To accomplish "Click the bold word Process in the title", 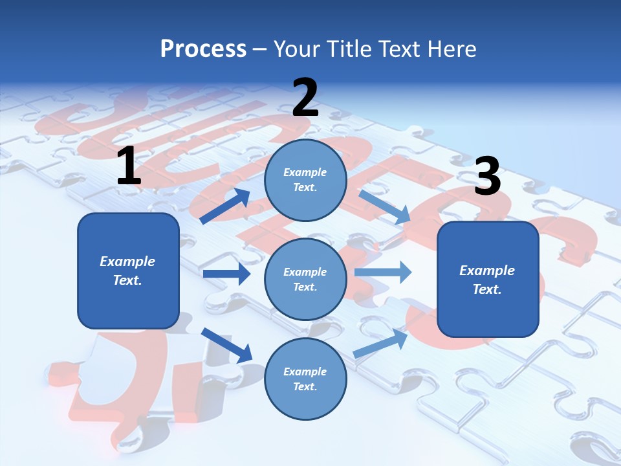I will [203, 49].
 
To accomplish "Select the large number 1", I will [129, 166].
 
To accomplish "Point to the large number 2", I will [305, 98].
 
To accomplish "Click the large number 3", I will [487, 177].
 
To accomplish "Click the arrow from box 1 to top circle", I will [225, 206].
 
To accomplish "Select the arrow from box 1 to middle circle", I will [226, 274].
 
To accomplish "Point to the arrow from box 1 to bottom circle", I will [226, 345].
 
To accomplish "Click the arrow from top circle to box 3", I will [385, 207].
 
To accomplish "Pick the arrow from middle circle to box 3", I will [383, 272].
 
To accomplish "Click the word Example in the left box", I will [127, 261].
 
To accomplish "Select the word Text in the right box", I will [486, 289].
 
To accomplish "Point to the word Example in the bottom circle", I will [305, 372].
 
